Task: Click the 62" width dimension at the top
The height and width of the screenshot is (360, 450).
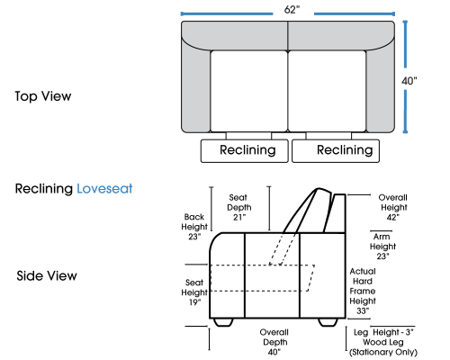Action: click(x=292, y=10)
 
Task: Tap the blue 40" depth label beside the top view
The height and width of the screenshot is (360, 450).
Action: click(x=409, y=81)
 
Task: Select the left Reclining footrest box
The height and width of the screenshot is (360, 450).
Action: click(x=245, y=151)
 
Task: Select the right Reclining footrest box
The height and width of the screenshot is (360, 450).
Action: click(x=336, y=151)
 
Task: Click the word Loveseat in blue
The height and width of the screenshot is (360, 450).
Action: click(x=104, y=189)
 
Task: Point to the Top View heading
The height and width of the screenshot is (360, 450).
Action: click(x=43, y=96)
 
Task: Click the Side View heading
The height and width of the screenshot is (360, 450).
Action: click(x=47, y=275)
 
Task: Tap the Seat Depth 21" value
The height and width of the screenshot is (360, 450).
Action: click(x=239, y=217)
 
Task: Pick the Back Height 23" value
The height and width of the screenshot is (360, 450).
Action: click(x=194, y=237)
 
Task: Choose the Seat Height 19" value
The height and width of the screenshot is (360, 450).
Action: click(x=194, y=302)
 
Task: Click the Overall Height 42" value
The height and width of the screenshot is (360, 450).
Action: click(x=392, y=217)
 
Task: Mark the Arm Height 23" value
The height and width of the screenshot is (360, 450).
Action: click(x=382, y=256)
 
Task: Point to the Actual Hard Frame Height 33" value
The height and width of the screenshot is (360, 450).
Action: click(x=363, y=310)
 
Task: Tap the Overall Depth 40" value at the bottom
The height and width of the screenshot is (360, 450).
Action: click(x=274, y=352)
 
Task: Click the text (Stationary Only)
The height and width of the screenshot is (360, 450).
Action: click(x=383, y=352)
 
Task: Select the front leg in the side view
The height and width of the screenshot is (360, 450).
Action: click(x=223, y=322)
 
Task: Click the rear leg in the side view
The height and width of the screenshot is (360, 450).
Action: click(x=328, y=322)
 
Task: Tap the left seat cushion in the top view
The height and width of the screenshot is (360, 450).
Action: click(x=249, y=91)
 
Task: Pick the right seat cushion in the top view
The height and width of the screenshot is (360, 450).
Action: click(x=327, y=91)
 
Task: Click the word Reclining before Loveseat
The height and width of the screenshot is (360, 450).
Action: click(x=44, y=189)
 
